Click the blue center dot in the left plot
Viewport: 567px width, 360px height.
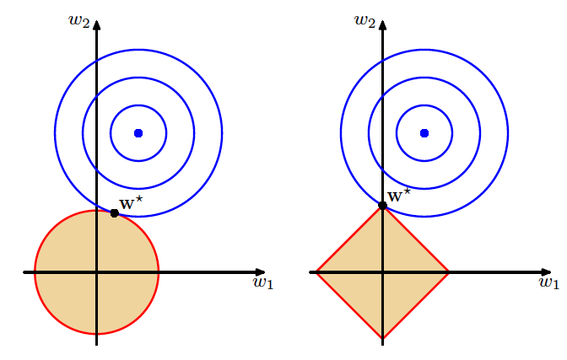pos(138,132)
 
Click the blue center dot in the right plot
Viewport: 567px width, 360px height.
pos(424,132)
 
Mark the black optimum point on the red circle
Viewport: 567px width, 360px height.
pos(115,212)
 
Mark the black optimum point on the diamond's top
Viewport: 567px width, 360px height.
pos(383,205)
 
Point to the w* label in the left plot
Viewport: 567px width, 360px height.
pos(128,202)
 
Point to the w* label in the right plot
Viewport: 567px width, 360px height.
pos(398,195)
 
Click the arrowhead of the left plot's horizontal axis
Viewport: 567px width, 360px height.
pos(261,272)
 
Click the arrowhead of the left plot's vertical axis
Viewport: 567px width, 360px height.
pos(97,24)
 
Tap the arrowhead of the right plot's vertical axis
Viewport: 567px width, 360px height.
pos(383,24)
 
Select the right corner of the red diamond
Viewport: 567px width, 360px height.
pos(449,272)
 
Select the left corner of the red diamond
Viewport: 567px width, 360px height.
pos(316,272)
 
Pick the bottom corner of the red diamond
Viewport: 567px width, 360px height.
pos(383,339)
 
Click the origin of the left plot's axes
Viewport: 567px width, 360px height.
pos(97,272)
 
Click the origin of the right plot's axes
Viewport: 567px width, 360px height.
pos(383,272)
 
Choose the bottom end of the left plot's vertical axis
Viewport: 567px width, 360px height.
pos(97,344)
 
